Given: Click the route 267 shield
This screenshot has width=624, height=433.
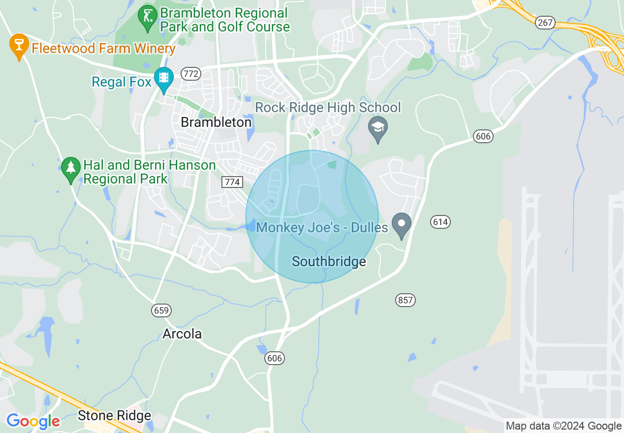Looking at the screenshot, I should pos(546,23).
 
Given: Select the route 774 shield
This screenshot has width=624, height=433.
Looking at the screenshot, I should pos(232,182).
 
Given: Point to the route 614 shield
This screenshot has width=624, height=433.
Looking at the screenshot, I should pos(440,222).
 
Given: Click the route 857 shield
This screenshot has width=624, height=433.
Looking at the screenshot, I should pos(406,300).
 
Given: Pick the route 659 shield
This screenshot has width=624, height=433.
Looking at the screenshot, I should pos(161,310).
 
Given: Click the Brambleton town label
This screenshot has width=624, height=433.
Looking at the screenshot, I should pos(216,122).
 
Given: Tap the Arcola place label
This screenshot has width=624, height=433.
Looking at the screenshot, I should pos(182,334).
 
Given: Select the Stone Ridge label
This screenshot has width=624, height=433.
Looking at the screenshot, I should pos(114,415).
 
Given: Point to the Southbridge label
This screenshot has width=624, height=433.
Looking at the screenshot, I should pos(329,261).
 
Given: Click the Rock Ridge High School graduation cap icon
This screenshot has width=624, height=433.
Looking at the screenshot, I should pos(378,127).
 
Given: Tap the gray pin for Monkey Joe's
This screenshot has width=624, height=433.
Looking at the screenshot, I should pos(402,224).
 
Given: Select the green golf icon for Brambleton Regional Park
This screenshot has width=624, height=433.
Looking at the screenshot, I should pos(148,17).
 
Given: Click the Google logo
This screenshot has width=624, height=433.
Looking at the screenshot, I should pos(33,422).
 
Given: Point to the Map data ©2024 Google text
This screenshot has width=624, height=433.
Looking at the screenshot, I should pos(563,426).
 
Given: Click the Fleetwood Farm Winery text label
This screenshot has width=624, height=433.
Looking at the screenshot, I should pos(103,48).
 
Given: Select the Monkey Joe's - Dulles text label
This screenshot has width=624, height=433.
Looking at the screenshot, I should pos(322,227).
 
